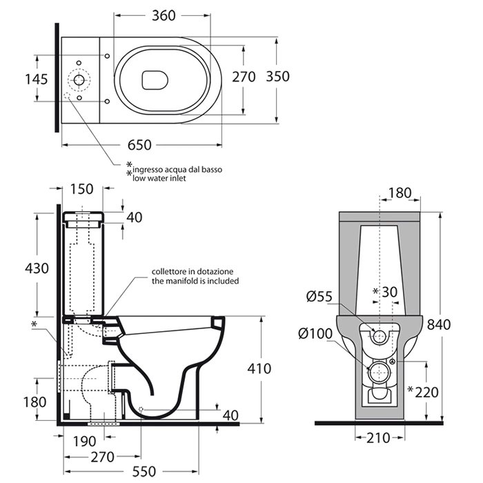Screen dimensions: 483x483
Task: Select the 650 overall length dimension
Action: click(139, 145)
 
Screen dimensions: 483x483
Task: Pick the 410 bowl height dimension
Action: click(259, 368)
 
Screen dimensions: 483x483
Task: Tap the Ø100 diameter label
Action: click(316, 335)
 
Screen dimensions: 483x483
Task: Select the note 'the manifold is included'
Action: click(195, 282)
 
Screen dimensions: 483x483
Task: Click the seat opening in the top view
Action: click(156, 81)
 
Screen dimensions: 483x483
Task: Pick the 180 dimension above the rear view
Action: click(400, 192)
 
